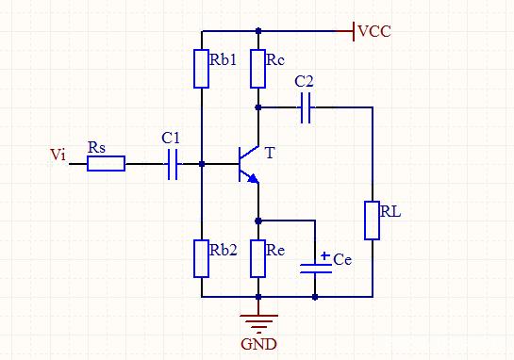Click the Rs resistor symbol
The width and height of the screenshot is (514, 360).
tap(106, 164)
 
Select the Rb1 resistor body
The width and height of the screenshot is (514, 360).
tap(202, 69)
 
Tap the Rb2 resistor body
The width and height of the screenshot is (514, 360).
tap(202, 258)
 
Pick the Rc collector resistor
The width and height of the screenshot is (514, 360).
tap(257, 69)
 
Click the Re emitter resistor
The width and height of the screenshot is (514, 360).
tap(257, 258)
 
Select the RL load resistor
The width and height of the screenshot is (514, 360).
tap(372, 220)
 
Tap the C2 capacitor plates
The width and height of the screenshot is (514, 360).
tap(305, 109)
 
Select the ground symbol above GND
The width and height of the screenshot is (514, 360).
tap(257, 319)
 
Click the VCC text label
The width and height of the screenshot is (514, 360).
tap(374, 32)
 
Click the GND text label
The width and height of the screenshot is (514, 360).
tap(258, 344)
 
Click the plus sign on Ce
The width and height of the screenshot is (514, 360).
tap(323, 255)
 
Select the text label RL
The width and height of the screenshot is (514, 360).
tap(390, 211)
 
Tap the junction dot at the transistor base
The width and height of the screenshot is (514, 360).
tap(202, 164)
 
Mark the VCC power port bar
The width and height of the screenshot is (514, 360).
tap(353, 31)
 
